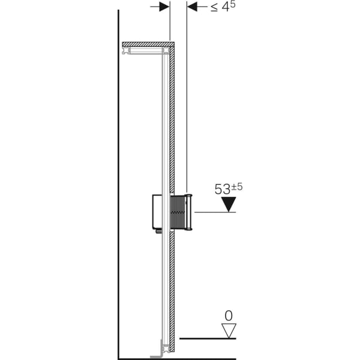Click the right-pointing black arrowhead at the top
pyautogui.click(x=164, y=7)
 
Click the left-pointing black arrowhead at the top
pyautogui.click(x=192, y=7)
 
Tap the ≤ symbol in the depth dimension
pyautogui.click(x=214, y=8)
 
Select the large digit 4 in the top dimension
pyautogui.click(x=226, y=8)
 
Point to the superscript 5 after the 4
pyautogui.click(x=233, y=5)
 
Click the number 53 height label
pyautogui.click(x=222, y=190)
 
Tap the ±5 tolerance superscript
pyautogui.click(x=236, y=187)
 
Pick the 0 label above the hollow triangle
pyautogui.click(x=229, y=316)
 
